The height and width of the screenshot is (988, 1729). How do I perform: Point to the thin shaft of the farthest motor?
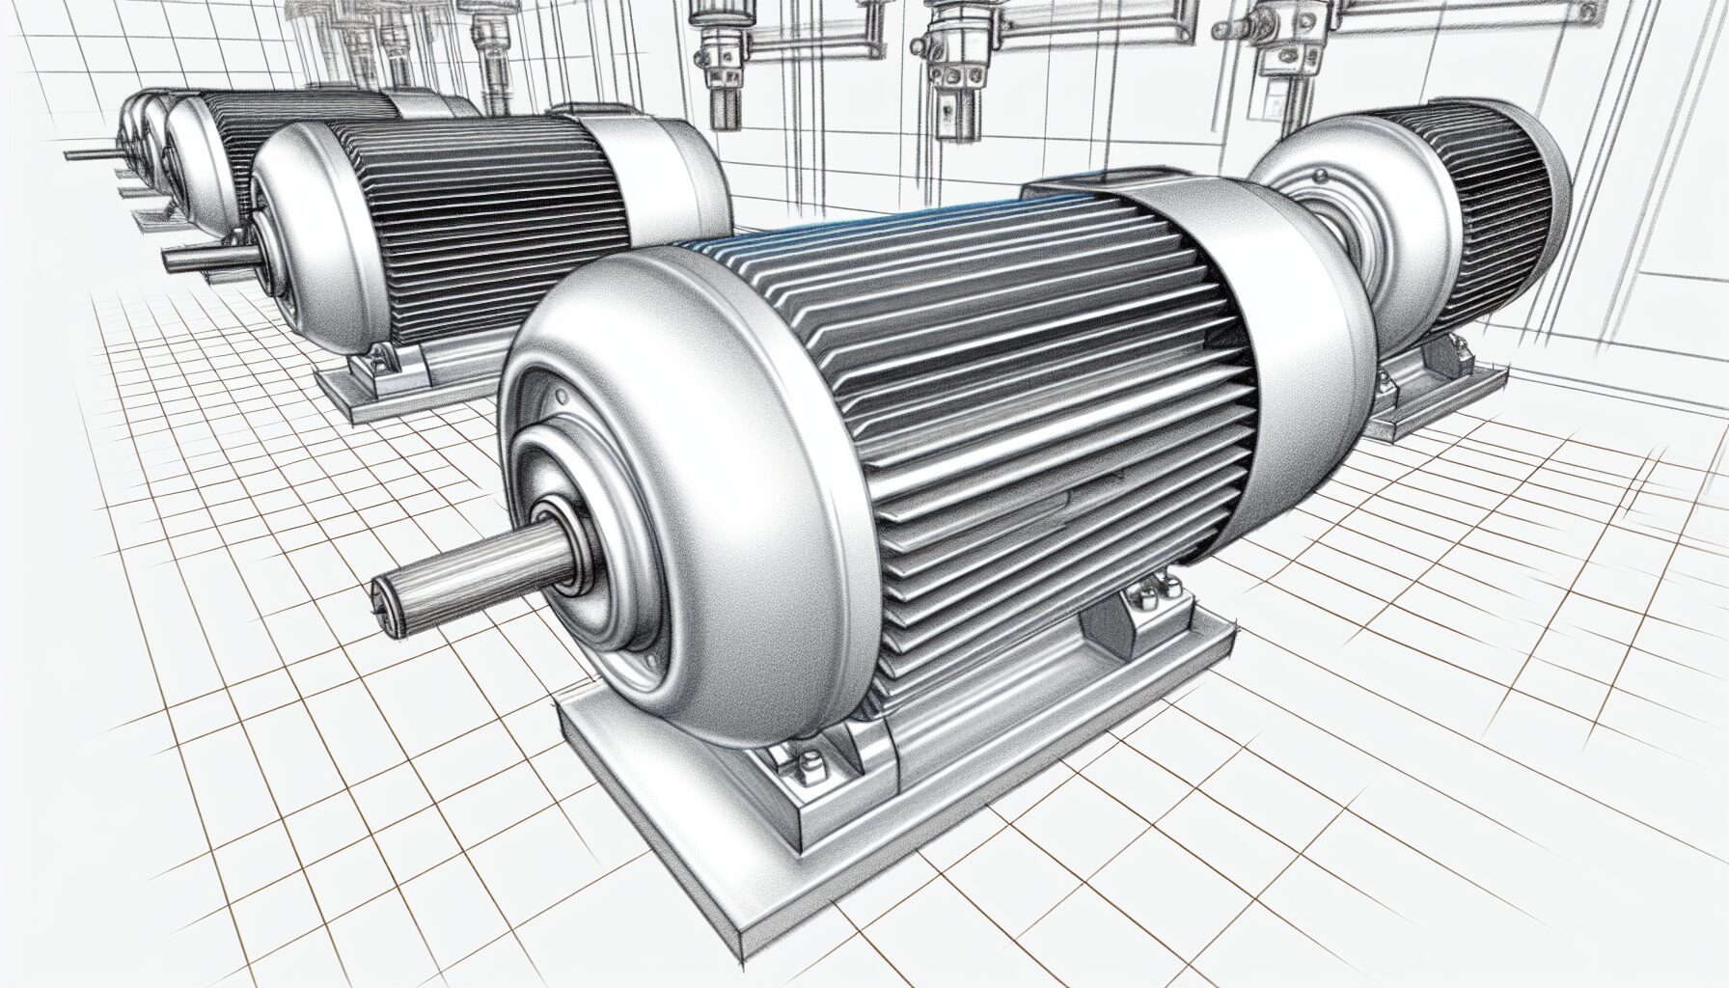(87, 153)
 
